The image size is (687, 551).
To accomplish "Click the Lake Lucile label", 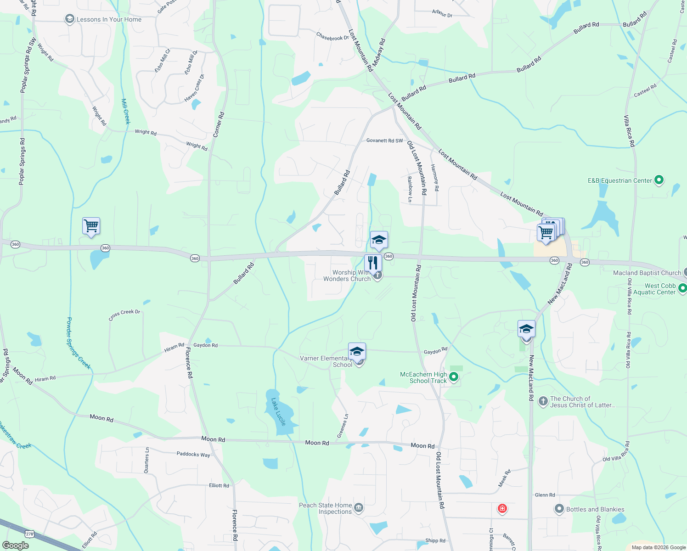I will pos(278,411).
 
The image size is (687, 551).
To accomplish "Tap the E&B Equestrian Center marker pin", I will pos(659,180).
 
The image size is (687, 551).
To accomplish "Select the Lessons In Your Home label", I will pos(109,19).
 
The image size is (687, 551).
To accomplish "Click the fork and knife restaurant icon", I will pos(373,263).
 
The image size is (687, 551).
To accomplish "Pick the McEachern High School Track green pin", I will pos(454,377).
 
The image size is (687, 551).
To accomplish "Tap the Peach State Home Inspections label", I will pos(326,508).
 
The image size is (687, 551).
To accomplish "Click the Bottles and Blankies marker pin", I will pos(559,509).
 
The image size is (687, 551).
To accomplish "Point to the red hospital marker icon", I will pos(502,509).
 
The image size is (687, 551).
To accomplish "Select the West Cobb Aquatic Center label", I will pos(654,289).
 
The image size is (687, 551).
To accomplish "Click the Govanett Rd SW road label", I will pos(384,141).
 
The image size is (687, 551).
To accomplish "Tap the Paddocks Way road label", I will pos(193,454).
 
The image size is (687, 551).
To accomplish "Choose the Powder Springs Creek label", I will pos(79,343).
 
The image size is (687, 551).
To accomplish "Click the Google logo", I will pos(15,545).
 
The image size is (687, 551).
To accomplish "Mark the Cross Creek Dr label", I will pos(124,315).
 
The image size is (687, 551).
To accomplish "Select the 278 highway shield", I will pos(30,534).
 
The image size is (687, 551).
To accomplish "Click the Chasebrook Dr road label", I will pos(332,36).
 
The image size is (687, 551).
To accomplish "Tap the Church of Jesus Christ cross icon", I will pos(543,402).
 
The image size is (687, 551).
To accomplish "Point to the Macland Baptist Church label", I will pos(647,273).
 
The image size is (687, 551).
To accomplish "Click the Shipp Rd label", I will pos(435,540).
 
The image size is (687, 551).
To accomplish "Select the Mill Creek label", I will pos(126,111).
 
